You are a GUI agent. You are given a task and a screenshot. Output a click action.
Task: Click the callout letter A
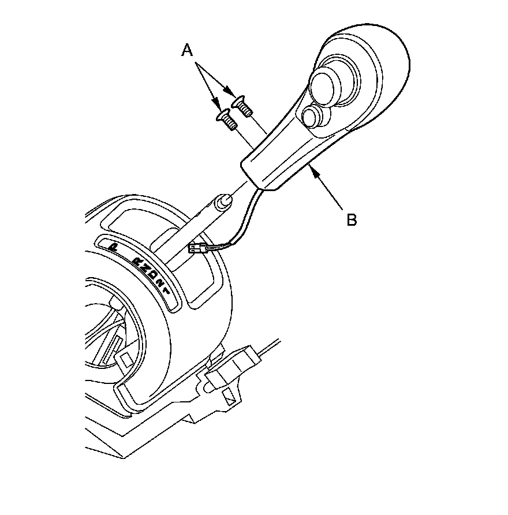[x=186, y=51]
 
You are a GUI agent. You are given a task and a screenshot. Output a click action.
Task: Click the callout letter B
[x=351, y=219]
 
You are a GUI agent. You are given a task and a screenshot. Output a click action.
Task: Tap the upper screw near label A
[x=241, y=107]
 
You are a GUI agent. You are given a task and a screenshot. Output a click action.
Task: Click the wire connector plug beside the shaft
[x=197, y=251]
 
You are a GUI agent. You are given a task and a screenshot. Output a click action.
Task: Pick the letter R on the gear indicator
[x=139, y=262]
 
